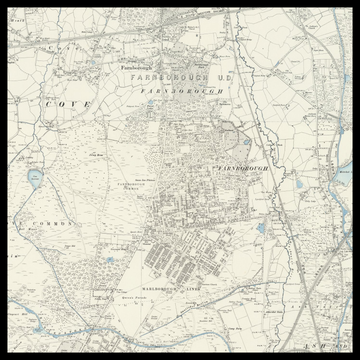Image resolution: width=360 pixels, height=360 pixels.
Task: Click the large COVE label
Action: [68, 104]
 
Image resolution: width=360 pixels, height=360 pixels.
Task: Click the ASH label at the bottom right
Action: [323, 343]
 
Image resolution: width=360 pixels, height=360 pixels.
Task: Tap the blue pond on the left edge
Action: [36, 178]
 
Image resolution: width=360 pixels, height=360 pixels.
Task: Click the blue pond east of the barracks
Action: [262, 228]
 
